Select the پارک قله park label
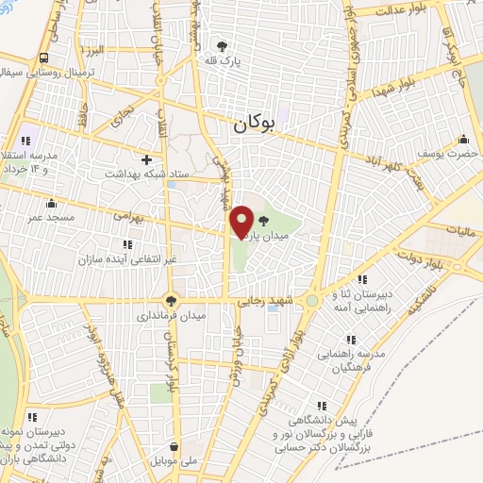223,60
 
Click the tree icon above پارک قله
223,45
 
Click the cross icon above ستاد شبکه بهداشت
146,158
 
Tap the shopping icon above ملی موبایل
174,447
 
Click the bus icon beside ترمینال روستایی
44,58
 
